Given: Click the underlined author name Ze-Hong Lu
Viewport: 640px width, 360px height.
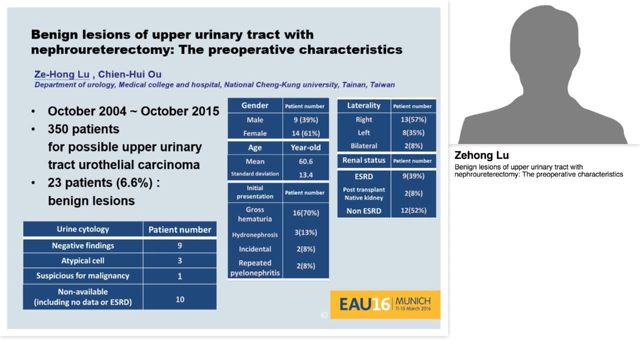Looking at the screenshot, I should click(61, 74).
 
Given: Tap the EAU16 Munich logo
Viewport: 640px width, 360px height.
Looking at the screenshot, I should click(385, 304).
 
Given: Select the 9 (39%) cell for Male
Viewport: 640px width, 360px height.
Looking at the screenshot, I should click(305, 120).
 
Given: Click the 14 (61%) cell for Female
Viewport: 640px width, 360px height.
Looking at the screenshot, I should click(305, 133).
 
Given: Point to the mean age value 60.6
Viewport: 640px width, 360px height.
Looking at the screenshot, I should click(305, 161).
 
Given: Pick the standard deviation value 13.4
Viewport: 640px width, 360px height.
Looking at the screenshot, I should click(305, 174).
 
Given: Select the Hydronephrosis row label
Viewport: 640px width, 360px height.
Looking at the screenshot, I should click(255, 234).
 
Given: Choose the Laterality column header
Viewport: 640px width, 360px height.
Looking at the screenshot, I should click(363, 105).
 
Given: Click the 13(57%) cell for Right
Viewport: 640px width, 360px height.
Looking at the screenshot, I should click(412, 119).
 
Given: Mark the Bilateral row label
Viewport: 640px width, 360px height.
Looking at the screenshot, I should click(363, 146).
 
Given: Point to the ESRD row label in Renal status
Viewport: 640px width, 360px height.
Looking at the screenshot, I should click(363, 176).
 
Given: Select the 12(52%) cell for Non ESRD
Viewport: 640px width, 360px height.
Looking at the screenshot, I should click(413, 210).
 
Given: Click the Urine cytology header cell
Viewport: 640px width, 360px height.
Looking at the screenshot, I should click(83, 229).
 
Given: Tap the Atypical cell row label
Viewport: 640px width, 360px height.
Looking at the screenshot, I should click(83, 260).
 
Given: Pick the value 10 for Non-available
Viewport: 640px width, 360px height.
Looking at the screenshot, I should click(180, 299).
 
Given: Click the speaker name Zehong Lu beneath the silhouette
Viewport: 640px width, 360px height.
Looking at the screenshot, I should click(481, 155).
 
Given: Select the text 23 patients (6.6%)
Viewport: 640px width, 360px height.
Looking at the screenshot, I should click(100, 183).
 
